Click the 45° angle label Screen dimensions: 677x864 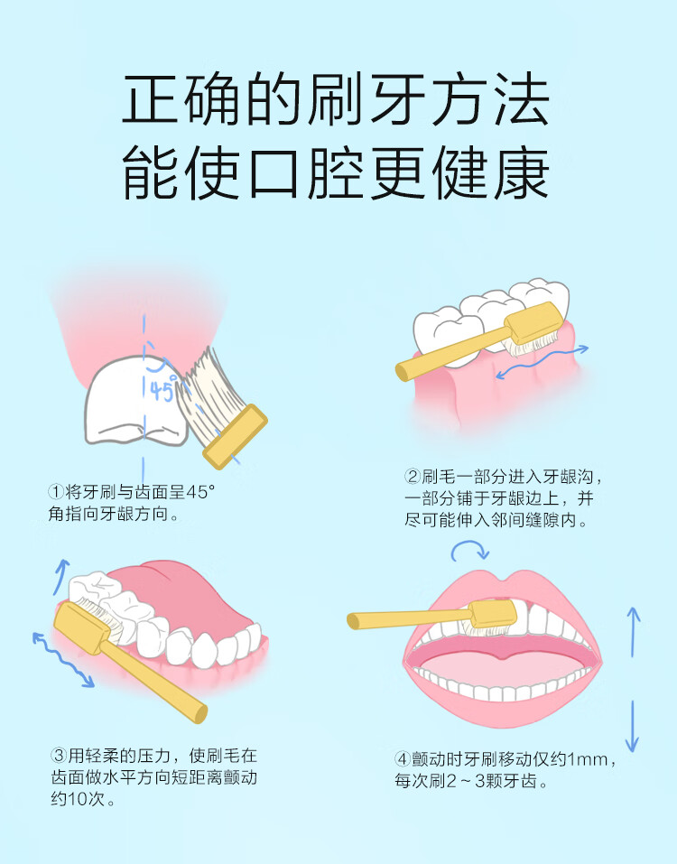click(x=163, y=390)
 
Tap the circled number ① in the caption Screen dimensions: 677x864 click(x=56, y=491)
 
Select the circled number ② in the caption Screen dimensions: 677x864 click(x=413, y=477)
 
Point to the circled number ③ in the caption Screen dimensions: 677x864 click(x=59, y=756)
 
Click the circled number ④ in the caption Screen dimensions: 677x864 click(x=403, y=759)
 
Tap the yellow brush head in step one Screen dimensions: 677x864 click(x=236, y=436)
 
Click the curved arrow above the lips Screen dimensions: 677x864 click(x=469, y=550)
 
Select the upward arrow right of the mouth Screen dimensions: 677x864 click(x=634, y=631)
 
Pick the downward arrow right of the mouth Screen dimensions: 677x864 click(x=633, y=726)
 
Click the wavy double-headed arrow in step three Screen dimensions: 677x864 click(x=63, y=660)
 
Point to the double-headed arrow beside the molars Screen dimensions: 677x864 click(x=542, y=362)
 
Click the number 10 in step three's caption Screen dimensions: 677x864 click(x=76, y=799)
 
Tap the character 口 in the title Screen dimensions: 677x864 click(x=274, y=173)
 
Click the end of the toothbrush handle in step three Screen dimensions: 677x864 click(x=200, y=714)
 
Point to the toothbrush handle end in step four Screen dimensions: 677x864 click(x=353, y=621)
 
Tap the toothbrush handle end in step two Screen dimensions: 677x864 click(x=403, y=373)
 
